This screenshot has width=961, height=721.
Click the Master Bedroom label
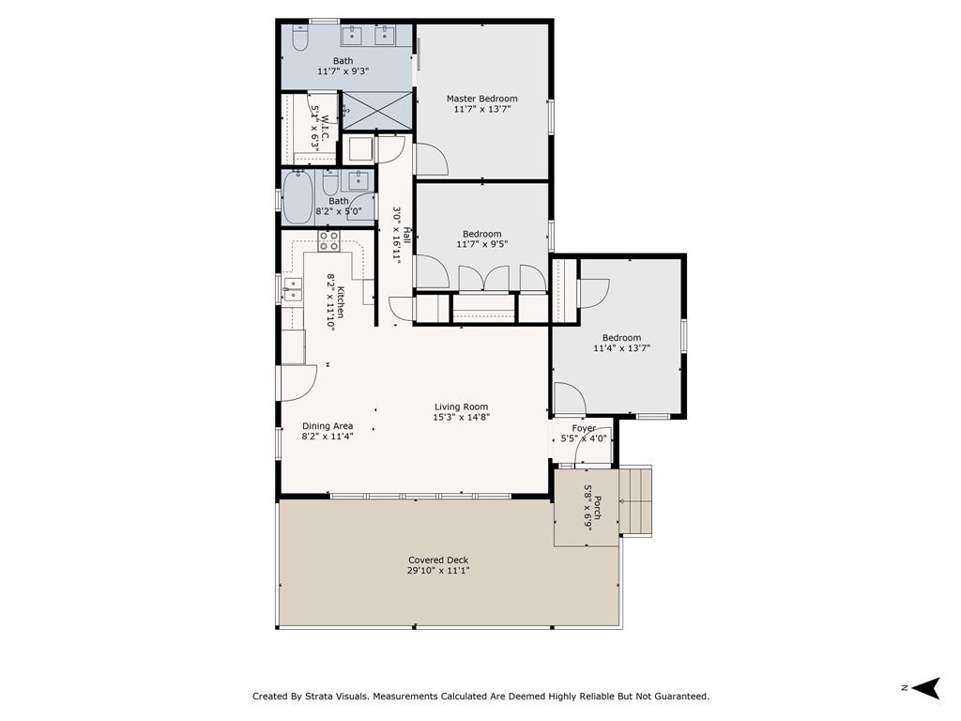[x=481, y=98]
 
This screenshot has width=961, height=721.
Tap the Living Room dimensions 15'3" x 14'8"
[x=461, y=418]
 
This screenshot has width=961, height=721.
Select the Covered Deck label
[x=438, y=560]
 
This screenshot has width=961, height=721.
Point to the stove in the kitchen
[x=328, y=241]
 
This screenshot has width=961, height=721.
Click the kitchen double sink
[x=293, y=290]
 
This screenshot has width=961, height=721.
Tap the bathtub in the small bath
[x=297, y=197]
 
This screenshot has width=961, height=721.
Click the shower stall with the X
[x=376, y=111]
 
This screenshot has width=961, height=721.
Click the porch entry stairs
[x=635, y=501]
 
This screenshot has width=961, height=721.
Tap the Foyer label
[x=584, y=428]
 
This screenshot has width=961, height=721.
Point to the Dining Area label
[x=328, y=425]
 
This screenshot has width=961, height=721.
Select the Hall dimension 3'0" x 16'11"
[x=397, y=235]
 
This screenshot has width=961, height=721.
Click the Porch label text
[x=597, y=507]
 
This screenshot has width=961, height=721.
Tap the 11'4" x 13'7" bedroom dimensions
[x=621, y=347]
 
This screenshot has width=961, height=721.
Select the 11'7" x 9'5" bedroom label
[x=481, y=238]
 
